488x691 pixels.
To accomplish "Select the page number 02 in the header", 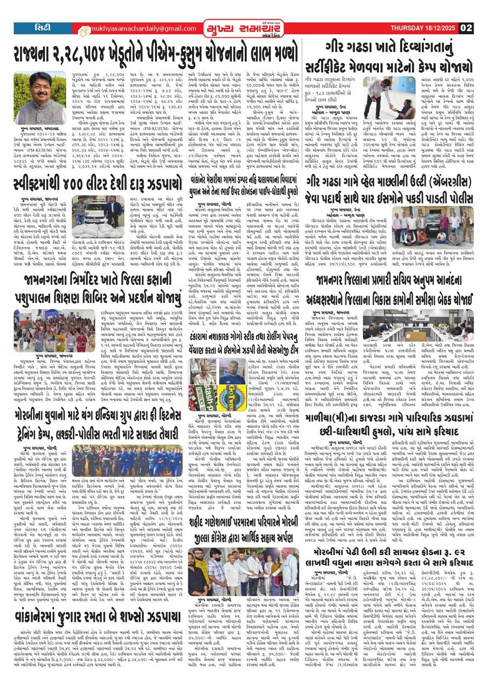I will click(x=465, y=28).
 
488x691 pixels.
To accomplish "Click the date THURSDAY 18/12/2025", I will click(x=423, y=28).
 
